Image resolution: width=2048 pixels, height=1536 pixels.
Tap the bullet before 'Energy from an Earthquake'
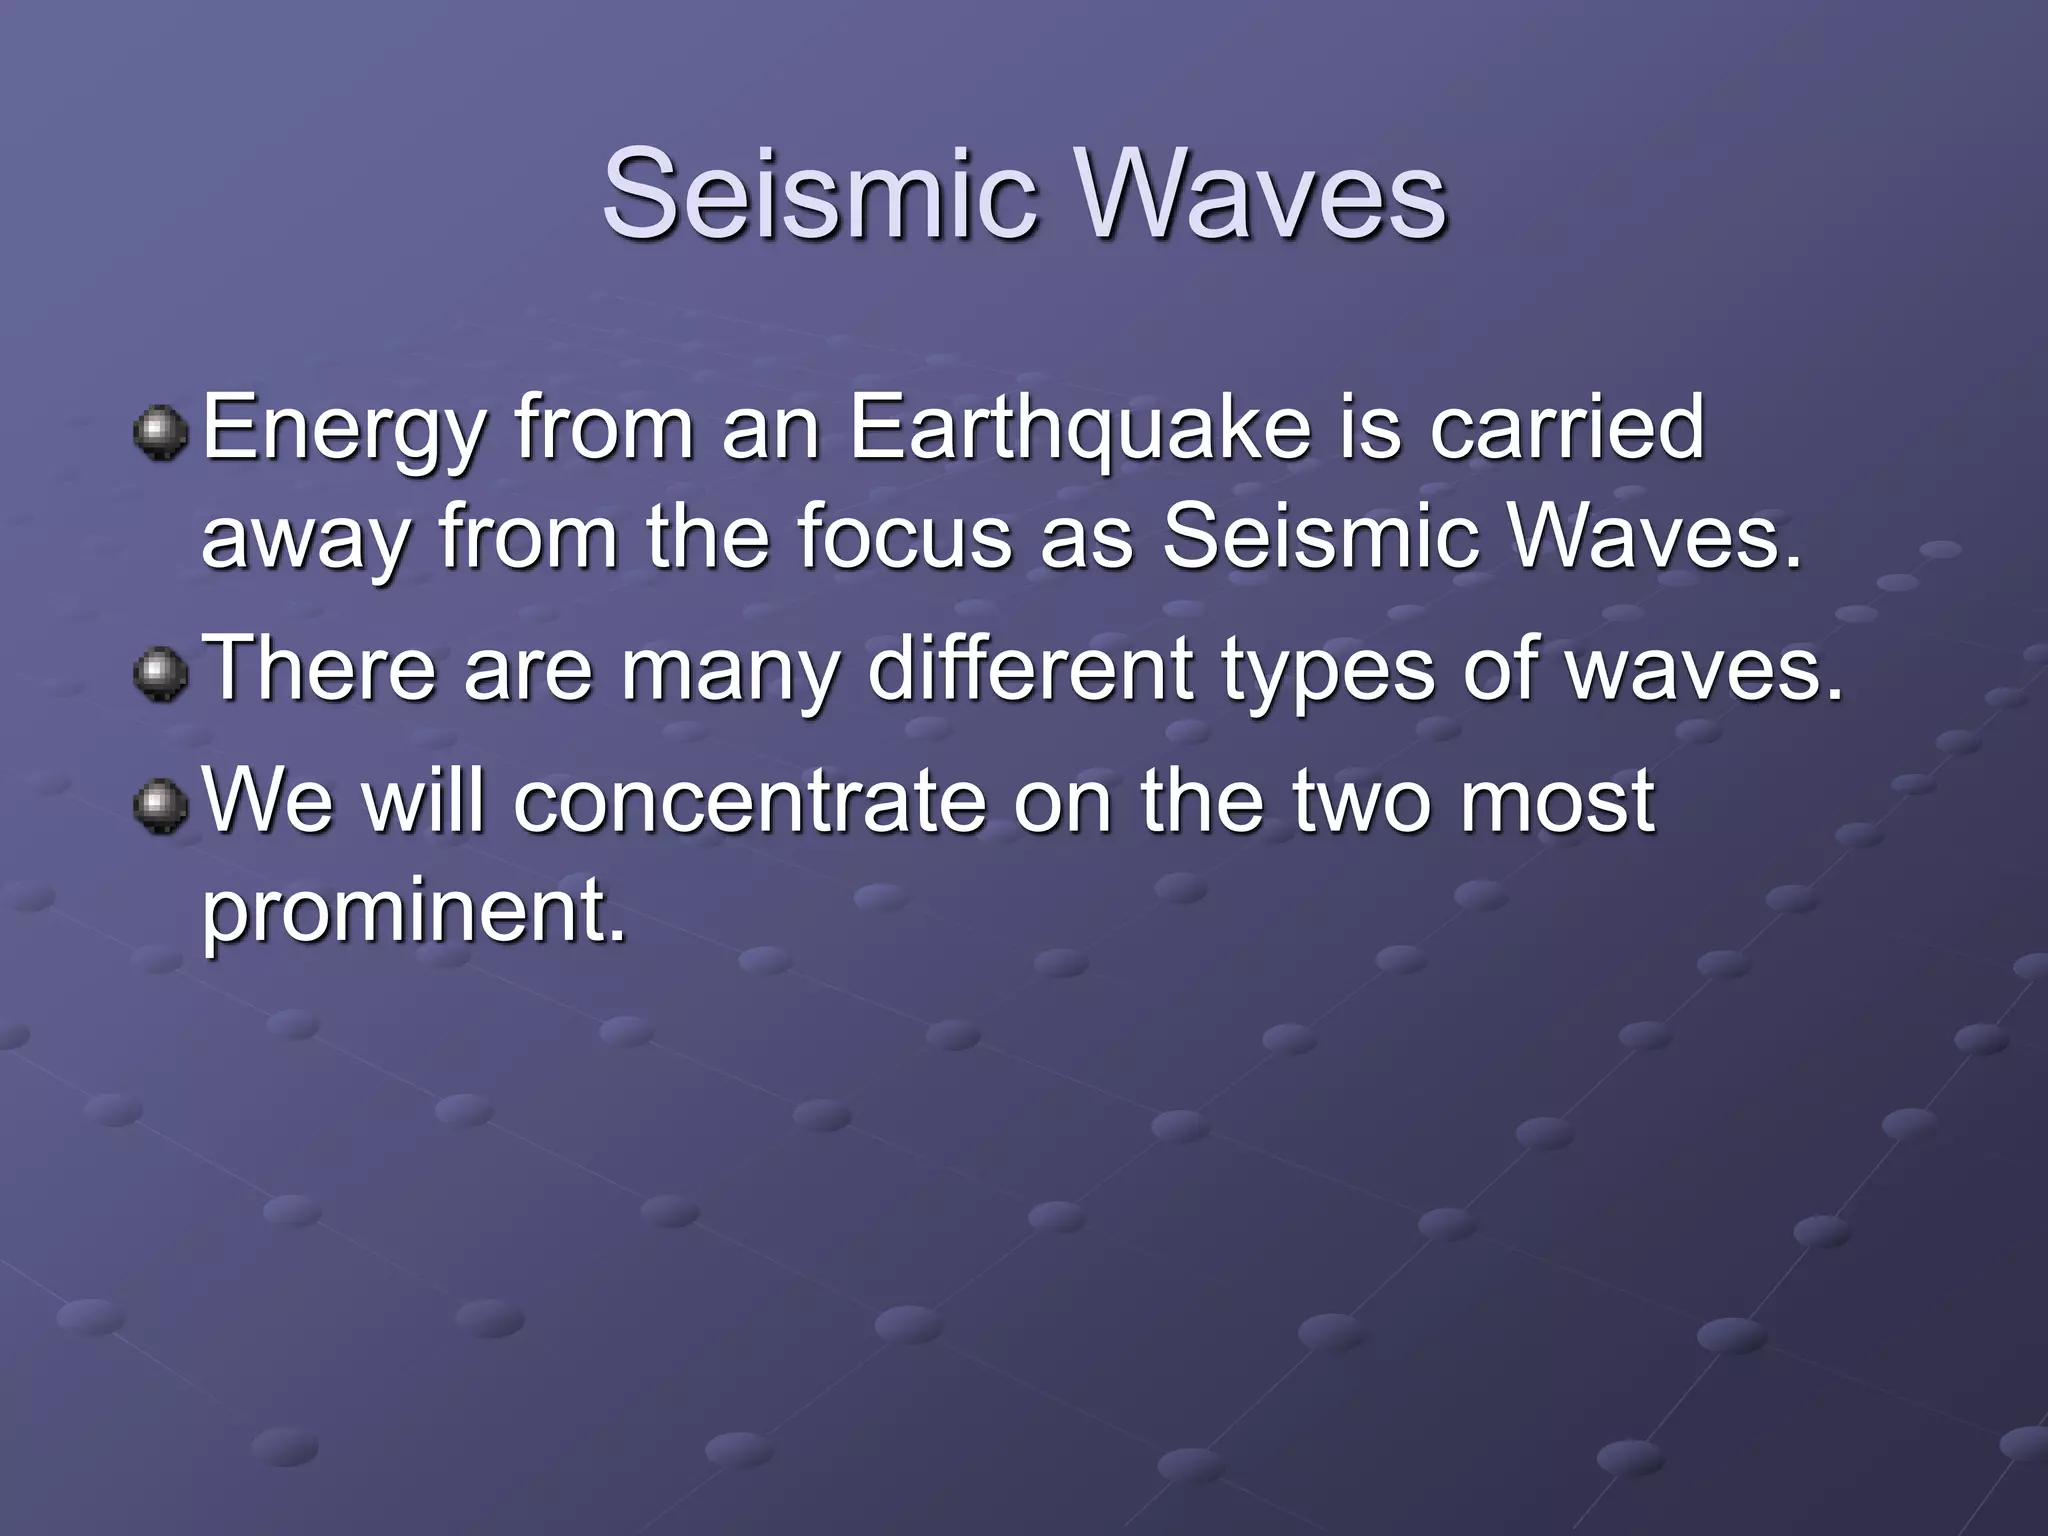[x=160, y=432]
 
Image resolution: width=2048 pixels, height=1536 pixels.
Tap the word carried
[x=1566, y=430]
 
